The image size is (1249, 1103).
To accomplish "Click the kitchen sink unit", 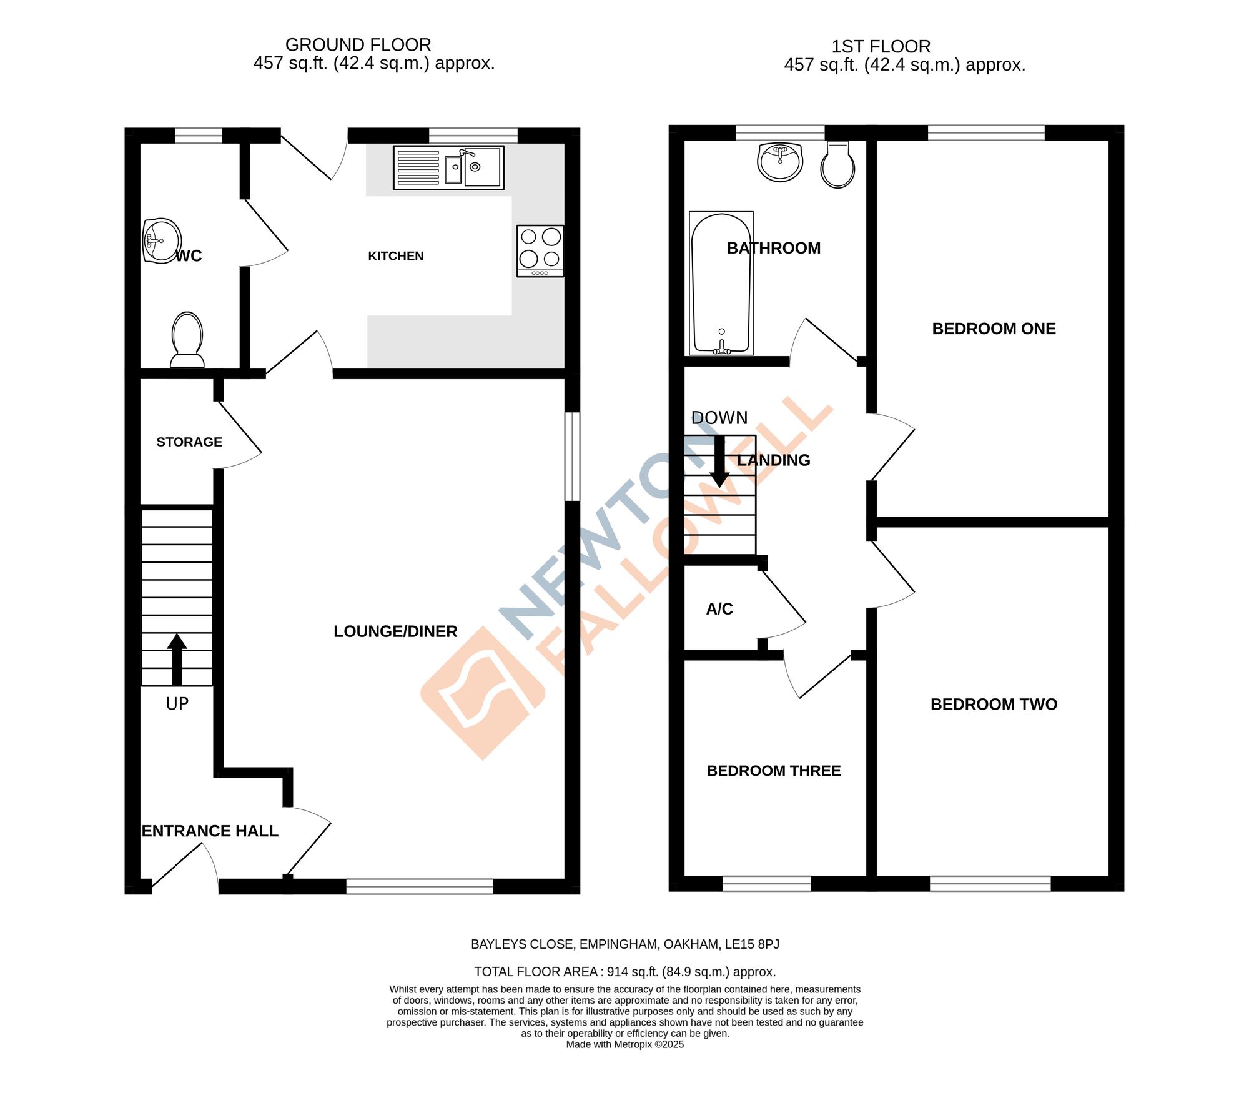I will coord(448,167).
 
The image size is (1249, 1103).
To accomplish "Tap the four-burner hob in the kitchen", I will coord(540,250).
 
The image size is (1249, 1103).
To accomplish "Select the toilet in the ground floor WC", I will coord(187,340).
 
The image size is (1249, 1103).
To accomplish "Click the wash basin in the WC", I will coord(161,240).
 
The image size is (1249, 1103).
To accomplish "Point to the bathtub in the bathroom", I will coord(721,284).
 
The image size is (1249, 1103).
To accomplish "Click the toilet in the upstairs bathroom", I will coord(837,164).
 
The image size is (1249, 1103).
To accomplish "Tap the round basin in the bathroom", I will coord(779,161).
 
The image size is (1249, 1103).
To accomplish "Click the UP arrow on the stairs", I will coord(177,660).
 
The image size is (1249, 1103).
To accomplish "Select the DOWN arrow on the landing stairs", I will coord(719,462).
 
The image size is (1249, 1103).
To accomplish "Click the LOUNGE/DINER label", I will coord(395,631).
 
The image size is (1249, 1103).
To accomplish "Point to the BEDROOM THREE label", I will coord(773,771).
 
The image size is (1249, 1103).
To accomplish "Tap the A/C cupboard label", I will coord(719,609).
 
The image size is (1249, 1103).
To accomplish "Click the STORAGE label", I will coord(189,442).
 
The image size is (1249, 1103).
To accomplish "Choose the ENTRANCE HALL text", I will coord(210,831).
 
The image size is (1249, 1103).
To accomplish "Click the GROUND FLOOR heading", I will coord(358,45).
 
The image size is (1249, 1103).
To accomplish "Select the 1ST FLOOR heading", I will coord(881,47).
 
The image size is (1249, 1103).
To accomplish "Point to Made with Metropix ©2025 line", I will coord(624,1044).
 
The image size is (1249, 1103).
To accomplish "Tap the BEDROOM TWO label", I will coord(994,705).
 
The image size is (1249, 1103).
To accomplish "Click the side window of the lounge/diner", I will coord(572,456).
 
